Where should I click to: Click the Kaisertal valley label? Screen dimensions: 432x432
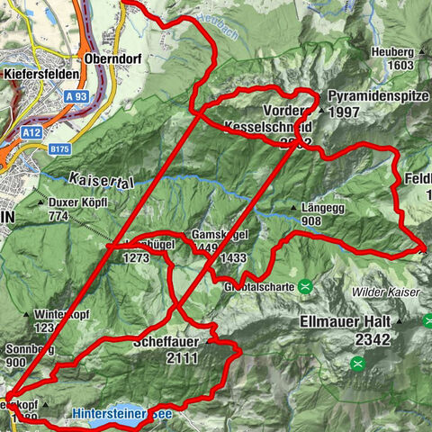tap(100, 180)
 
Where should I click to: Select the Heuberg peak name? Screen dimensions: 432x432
tap(392, 52)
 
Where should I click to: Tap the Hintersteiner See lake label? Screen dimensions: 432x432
tap(125, 415)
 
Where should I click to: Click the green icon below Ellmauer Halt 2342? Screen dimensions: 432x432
tap(357, 363)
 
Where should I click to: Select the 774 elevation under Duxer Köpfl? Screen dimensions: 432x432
tap(60, 216)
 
